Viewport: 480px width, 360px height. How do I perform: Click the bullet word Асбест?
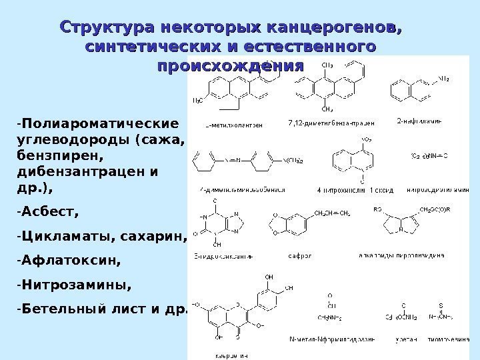tap(47, 213)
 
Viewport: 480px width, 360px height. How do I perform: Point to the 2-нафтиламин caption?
tap(419, 121)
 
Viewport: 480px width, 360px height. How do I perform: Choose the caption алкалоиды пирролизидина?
tap(406, 255)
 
